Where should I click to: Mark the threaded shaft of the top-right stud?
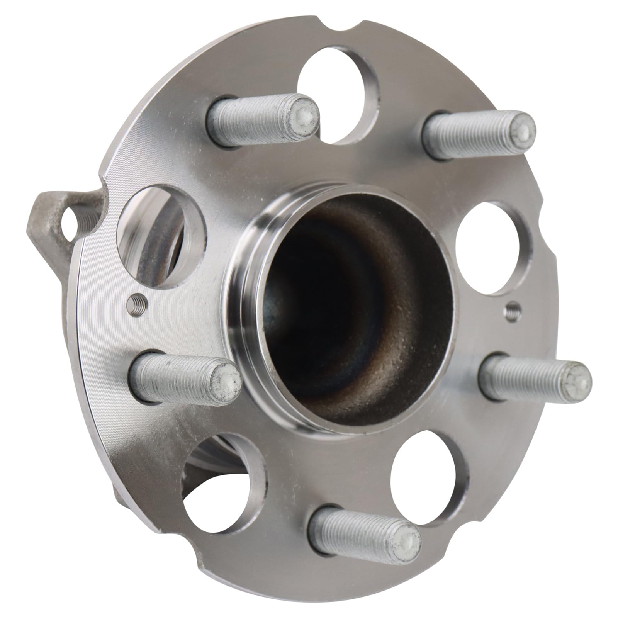[467, 135]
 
